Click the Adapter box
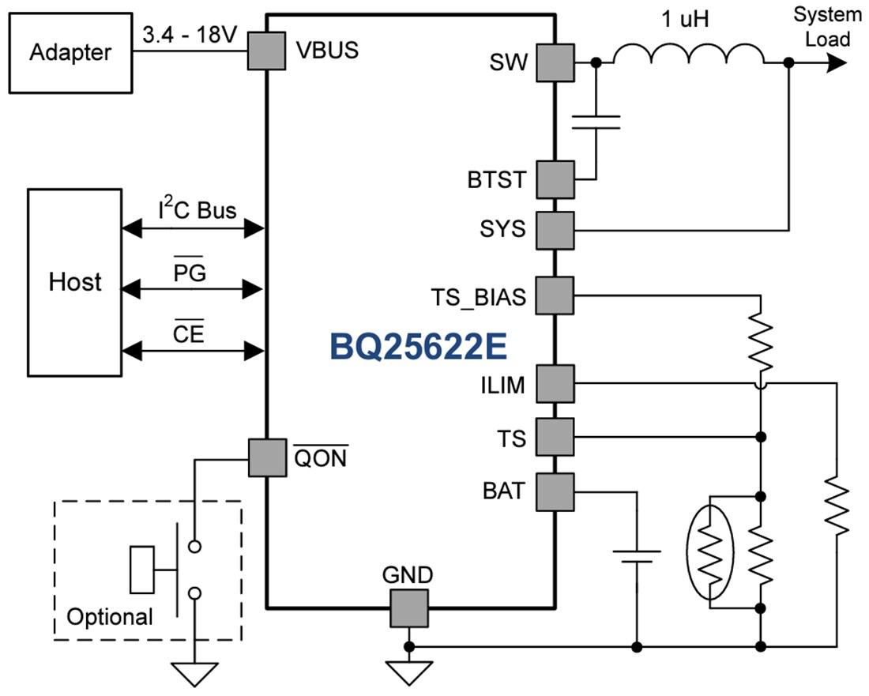pyautogui.click(x=70, y=53)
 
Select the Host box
pyautogui.click(x=75, y=282)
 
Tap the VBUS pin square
pyautogui.click(x=267, y=51)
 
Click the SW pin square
pyautogui.click(x=555, y=62)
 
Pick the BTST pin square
pyautogui.click(x=555, y=179)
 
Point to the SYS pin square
pyautogui.click(x=555, y=230)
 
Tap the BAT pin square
pyautogui.click(x=555, y=491)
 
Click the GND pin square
pyautogui.click(x=408, y=608)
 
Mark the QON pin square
pyautogui.click(x=267, y=457)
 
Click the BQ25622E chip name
pyautogui.click(x=417, y=346)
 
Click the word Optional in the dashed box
pyautogui.click(x=109, y=616)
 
